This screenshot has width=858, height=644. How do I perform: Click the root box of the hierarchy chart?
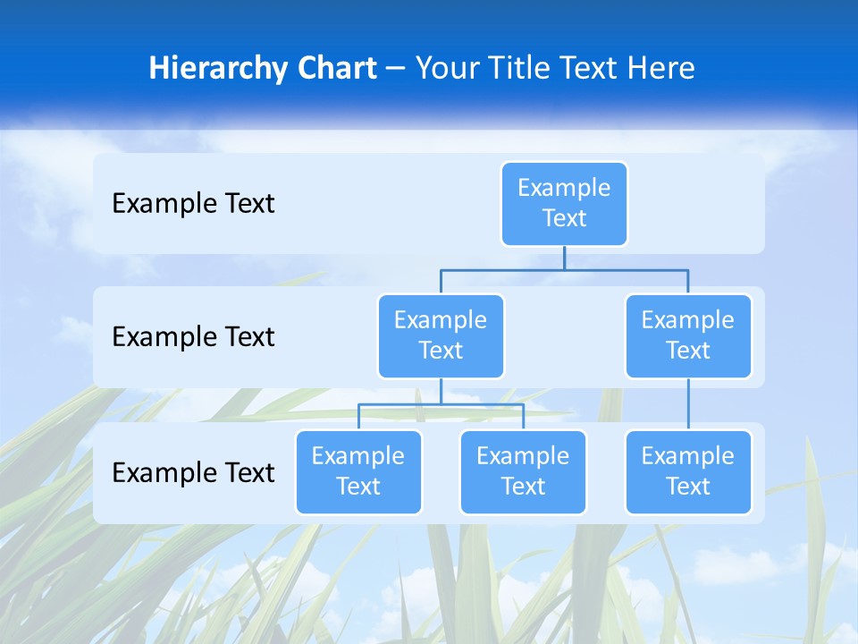click(x=564, y=203)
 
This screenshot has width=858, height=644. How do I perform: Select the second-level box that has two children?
click(x=441, y=335)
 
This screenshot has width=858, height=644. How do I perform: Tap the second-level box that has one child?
click(x=688, y=335)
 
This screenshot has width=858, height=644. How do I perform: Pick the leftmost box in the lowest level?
click(x=358, y=471)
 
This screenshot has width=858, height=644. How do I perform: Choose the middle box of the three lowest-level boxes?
click(x=523, y=471)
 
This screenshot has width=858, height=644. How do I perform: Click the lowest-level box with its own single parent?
click(x=688, y=471)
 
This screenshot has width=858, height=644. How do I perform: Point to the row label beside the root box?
click(x=193, y=204)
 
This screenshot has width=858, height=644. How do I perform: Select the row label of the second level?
click(x=193, y=337)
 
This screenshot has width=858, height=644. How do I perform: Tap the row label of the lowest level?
click(x=193, y=472)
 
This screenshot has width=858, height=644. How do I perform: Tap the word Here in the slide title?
click(x=662, y=68)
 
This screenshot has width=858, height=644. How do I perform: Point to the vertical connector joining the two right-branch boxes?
click(x=688, y=403)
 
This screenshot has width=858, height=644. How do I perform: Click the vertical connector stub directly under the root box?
click(x=564, y=258)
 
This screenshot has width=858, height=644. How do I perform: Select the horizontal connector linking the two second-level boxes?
click(x=564, y=269)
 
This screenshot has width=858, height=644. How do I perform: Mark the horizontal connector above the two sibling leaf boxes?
click(x=441, y=404)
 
